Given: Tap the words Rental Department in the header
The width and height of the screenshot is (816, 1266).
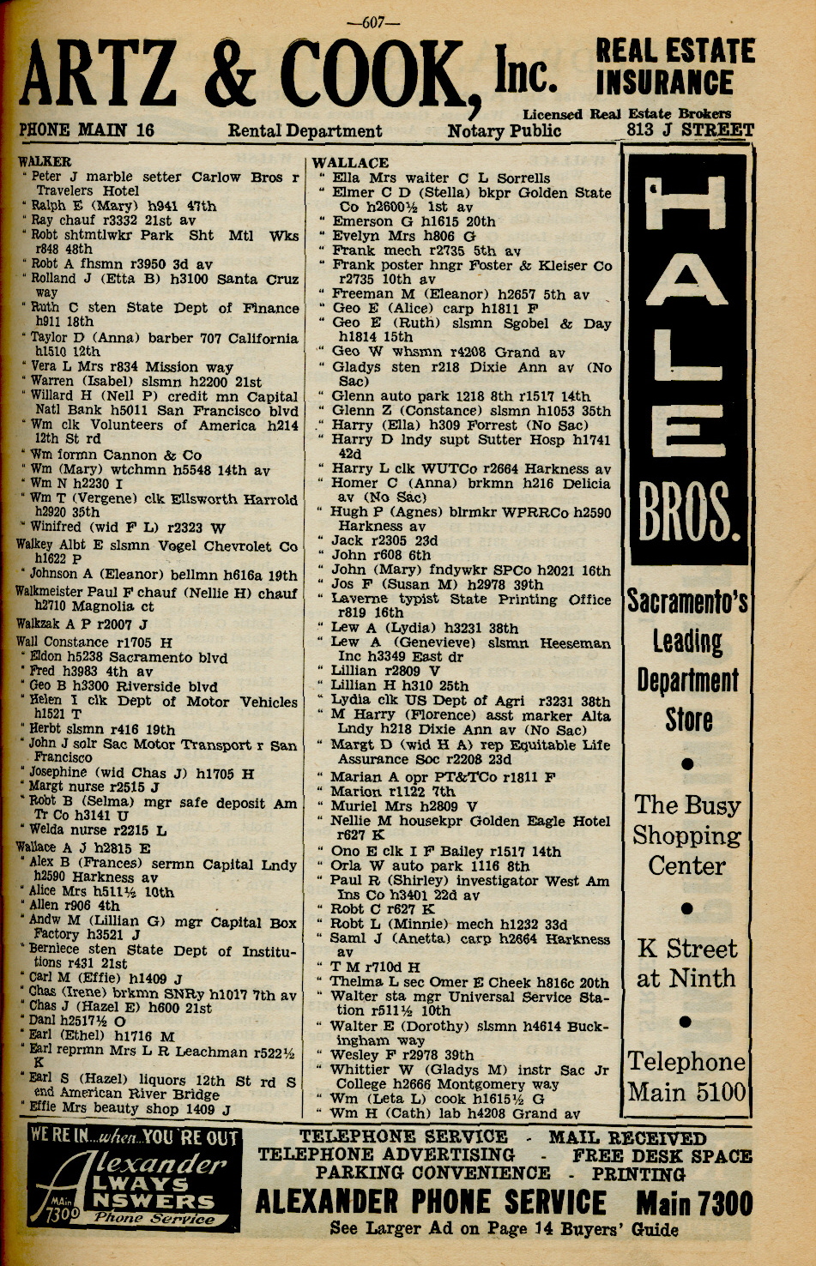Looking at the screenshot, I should (x=305, y=131).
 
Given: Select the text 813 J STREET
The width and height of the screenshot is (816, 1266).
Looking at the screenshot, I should (x=691, y=130).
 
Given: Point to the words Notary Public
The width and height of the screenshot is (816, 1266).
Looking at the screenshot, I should (x=504, y=131).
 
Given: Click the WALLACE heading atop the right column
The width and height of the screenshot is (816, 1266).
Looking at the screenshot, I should (x=350, y=162).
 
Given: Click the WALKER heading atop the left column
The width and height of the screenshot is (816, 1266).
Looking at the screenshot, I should (x=45, y=160).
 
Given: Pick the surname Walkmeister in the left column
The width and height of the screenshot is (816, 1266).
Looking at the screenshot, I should (x=57, y=592).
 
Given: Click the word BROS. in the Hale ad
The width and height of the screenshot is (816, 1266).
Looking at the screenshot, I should (x=688, y=513).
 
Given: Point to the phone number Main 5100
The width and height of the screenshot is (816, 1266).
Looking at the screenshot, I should (x=686, y=1093).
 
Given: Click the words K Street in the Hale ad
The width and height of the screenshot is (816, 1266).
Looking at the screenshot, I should (x=686, y=949).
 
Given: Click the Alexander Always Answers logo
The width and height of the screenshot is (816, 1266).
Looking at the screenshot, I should (x=133, y=1179).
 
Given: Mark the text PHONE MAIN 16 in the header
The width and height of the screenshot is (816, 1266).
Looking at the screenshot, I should (x=87, y=130).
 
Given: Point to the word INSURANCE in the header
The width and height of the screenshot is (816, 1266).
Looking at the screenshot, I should (x=665, y=83).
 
